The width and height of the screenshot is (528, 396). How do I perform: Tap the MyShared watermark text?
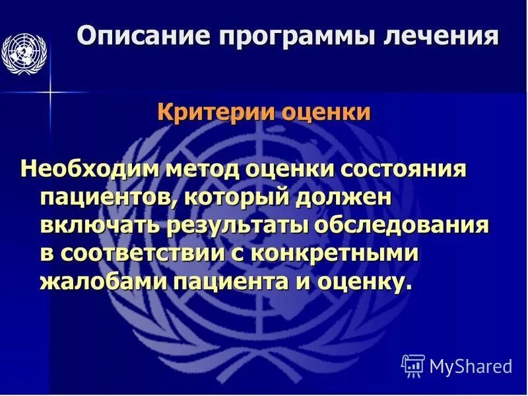471,366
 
